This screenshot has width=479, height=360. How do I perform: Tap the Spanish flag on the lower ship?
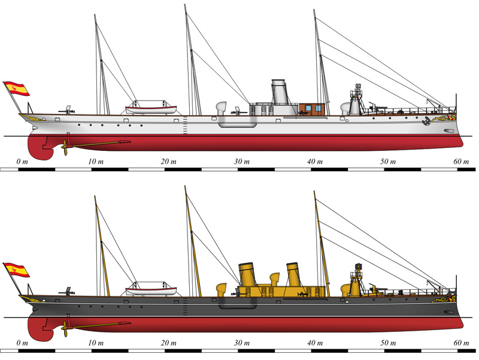18,270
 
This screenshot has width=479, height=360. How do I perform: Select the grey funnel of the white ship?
279,92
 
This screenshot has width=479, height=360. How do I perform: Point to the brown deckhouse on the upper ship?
312,108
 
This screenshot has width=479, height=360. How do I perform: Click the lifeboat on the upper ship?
151,109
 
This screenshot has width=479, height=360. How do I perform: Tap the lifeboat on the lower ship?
151,291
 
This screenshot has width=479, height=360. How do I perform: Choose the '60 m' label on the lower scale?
461,343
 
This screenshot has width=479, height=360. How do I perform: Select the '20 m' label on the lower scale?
168,343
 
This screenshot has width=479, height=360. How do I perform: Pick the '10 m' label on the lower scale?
95,343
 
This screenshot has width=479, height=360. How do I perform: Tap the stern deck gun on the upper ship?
68,110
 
